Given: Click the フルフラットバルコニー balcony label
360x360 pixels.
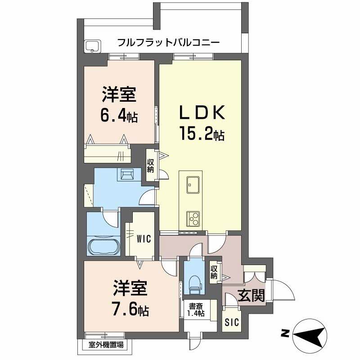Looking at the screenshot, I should click(x=168, y=43).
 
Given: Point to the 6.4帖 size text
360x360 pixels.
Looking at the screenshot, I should click(x=119, y=117).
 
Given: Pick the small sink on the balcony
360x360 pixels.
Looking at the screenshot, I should click(x=93, y=46).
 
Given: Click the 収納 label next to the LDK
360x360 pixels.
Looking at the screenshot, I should click(x=150, y=166).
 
